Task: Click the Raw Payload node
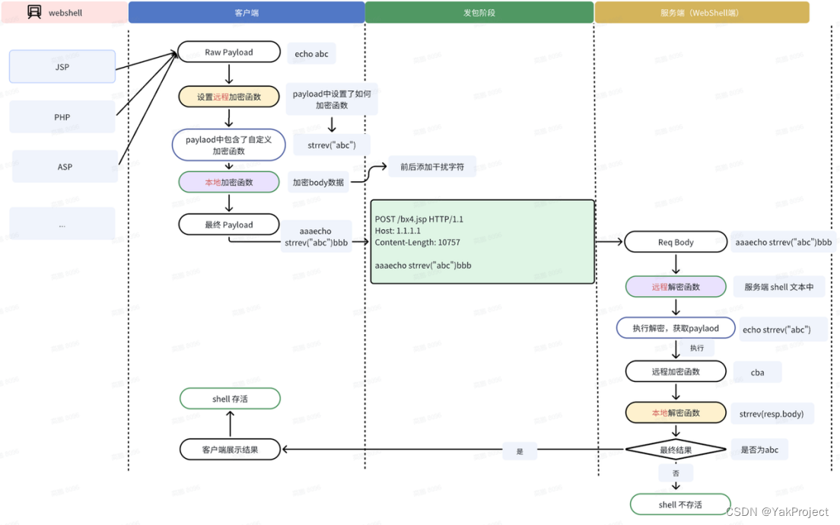(229, 52)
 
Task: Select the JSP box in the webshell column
(62, 67)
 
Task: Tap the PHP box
(62, 117)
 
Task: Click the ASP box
(65, 167)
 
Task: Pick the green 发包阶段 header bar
(479, 13)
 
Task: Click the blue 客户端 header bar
(247, 13)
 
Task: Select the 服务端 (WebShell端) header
(702, 13)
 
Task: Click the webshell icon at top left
(34, 12)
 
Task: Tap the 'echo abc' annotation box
(312, 54)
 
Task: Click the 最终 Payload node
(229, 224)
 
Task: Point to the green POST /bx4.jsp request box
(482, 242)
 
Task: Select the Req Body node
(676, 242)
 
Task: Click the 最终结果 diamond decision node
(676, 450)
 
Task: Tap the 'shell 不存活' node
(680, 504)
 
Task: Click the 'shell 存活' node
(230, 399)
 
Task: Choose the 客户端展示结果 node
(230, 450)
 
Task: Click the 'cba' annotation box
(757, 372)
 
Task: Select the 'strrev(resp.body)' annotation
(771, 413)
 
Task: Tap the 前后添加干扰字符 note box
(431, 167)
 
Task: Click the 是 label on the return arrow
(520, 451)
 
